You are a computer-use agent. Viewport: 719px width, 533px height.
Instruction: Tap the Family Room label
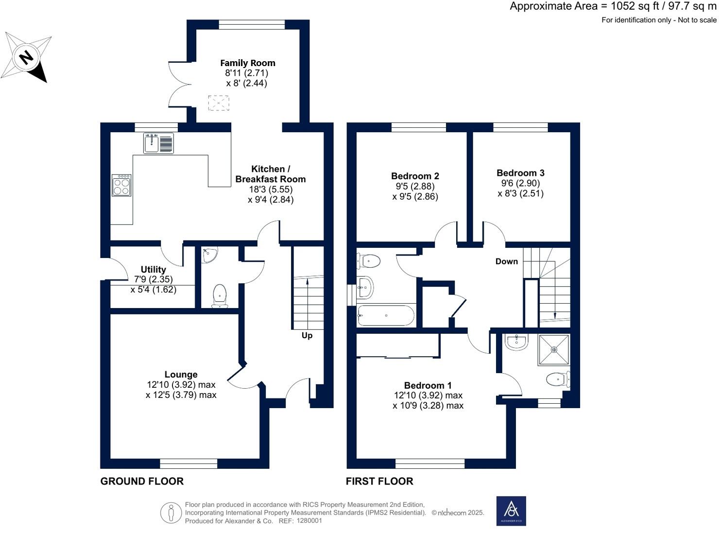pyautogui.click(x=247, y=63)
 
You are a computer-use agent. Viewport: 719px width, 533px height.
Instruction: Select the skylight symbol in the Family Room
pyautogui.click(x=218, y=103)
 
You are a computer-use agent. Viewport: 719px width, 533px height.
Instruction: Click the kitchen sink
pyautogui.click(x=158, y=143)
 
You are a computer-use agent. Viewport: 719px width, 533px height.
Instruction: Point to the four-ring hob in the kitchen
pyautogui.click(x=121, y=186)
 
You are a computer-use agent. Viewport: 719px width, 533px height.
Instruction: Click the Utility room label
pyautogui.click(x=153, y=269)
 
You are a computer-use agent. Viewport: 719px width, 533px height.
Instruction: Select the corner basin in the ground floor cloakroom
pyautogui.click(x=209, y=255)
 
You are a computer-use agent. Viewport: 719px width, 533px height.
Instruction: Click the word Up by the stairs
pyautogui.click(x=307, y=336)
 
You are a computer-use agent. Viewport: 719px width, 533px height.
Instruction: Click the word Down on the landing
pyautogui.click(x=506, y=261)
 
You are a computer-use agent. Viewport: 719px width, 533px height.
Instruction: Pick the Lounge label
pyautogui.click(x=181, y=375)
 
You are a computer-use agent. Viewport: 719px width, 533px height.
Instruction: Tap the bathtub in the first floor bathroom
pyautogui.click(x=386, y=316)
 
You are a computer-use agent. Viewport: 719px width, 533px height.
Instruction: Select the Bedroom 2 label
pyautogui.click(x=415, y=176)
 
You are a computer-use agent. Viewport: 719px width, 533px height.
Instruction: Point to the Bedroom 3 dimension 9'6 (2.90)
pyautogui.click(x=520, y=183)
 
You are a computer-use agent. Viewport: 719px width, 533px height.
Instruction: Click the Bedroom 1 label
pyautogui.click(x=428, y=385)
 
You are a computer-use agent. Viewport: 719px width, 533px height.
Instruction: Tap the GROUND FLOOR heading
pyautogui.click(x=142, y=481)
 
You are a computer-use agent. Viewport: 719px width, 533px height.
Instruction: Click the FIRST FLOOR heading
pyautogui.click(x=379, y=481)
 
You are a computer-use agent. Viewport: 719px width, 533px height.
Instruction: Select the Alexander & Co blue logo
pyautogui.click(x=511, y=511)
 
